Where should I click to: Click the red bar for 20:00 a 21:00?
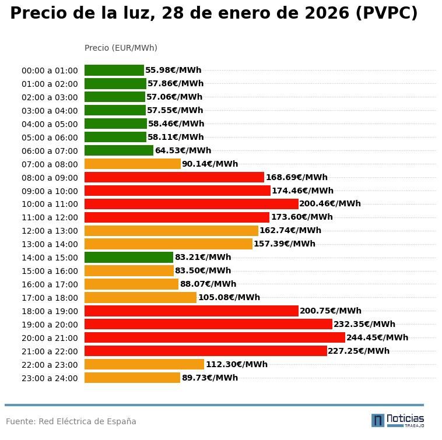(x=215, y=337)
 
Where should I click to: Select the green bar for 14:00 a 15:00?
(x=129, y=257)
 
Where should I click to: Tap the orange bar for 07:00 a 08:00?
(x=132, y=164)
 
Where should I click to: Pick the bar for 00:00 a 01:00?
(x=114, y=70)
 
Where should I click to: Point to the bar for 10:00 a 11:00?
(x=191, y=204)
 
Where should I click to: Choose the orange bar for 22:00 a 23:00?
(x=144, y=364)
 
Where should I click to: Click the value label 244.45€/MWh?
(x=377, y=337)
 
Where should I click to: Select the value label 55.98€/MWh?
(x=173, y=70)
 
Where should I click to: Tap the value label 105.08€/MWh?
(x=229, y=297)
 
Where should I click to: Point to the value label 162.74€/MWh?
(x=290, y=230)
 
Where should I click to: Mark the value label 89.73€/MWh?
(x=210, y=378)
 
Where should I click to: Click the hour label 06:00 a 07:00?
(x=50, y=151)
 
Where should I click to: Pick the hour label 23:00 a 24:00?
(x=50, y=378)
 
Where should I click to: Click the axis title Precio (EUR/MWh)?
(x=121, y=48)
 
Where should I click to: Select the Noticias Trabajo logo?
(x=398, y=420)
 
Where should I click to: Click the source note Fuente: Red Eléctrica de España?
(x=71, y=421)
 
